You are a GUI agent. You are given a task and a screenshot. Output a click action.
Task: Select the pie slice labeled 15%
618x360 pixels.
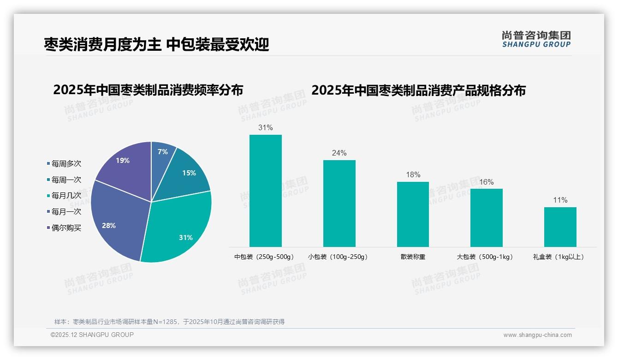[187, 173]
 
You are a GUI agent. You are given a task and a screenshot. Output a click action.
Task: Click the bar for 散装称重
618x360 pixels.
[413, 214]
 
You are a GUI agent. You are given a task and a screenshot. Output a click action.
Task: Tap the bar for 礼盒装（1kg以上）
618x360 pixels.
[560, 227]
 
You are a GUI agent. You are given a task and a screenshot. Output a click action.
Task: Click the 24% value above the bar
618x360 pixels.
[339, 153]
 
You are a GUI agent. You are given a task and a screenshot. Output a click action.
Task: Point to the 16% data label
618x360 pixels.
[486, 182]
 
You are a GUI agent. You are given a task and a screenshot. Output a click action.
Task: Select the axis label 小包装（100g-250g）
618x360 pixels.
[338, 257]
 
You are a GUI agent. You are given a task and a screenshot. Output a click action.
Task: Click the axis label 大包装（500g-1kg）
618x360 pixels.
[485, 257]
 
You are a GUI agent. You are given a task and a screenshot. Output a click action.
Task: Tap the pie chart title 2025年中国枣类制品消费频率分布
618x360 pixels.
[148, 90]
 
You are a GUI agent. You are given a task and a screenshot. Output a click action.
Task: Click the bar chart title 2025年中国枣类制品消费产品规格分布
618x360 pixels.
[418, 90]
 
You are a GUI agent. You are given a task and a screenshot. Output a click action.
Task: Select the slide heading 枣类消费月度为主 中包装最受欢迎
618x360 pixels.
[156, 44]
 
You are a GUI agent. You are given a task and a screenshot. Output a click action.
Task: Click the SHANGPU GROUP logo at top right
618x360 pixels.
[536, 39]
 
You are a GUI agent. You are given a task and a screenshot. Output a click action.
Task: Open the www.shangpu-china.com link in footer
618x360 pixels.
[537, 335]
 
